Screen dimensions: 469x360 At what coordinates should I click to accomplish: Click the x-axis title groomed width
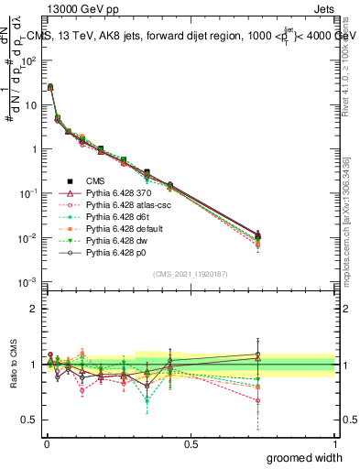(305, 456)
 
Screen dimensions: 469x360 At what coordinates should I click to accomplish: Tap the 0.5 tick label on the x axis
(191, 443)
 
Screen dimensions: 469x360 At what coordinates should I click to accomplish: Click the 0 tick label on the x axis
(47, 443)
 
